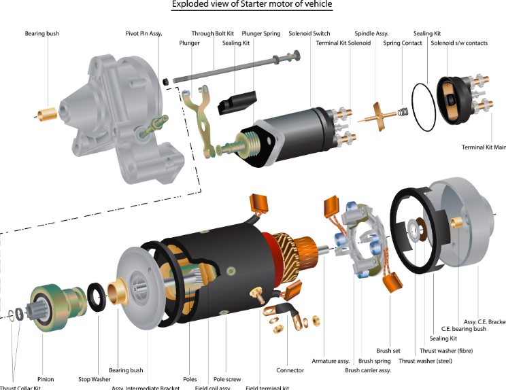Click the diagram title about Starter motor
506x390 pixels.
point(252,5)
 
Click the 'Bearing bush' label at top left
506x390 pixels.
point(42,33)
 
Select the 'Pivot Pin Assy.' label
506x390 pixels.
point(144,33)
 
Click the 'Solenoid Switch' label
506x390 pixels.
point(309,33)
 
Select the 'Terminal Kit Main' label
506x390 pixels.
point(484,147)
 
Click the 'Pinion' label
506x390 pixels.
point(46,379)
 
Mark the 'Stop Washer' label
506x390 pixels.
point(94,379)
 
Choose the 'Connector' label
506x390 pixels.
point(290,370)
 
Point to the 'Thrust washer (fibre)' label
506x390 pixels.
point(446,351)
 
